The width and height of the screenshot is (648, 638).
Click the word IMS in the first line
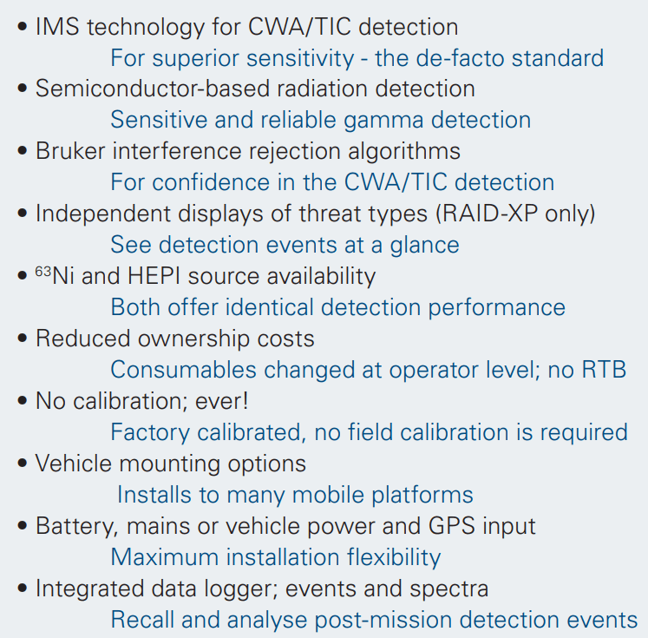57,27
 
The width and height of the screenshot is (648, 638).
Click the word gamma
383,122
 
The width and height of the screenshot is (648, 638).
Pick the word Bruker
70,150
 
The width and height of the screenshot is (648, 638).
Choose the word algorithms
404,151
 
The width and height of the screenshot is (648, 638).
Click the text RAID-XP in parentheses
488,214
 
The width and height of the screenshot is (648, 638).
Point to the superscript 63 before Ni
43,271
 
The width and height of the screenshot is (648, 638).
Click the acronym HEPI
154,276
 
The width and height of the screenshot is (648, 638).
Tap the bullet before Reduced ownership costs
23,339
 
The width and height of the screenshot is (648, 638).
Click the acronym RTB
604,370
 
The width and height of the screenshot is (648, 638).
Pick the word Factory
150,433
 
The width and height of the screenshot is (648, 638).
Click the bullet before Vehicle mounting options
23,464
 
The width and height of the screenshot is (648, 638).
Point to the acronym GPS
452,526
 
